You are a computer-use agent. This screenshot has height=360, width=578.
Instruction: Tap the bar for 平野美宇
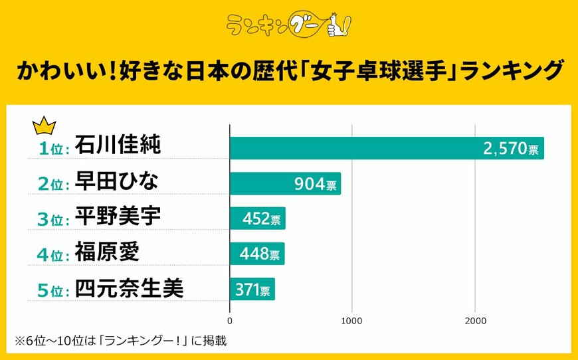(x=257, y=219)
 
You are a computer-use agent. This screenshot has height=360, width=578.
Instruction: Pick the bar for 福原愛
(x=256, y=254)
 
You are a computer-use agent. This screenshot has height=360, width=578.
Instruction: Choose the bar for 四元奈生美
(x=252, y=289)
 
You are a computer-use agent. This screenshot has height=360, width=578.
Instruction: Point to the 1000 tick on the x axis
(x=351, y=321)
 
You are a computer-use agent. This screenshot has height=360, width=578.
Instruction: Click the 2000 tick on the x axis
(x=474, y=321)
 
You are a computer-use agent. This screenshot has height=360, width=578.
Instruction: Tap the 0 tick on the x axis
(x=230, y=321)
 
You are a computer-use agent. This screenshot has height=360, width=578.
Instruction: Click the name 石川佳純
(x=118, y=145)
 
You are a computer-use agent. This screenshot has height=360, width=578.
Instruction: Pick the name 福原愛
(x=107, y=252)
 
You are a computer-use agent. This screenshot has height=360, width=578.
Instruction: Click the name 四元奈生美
(x=129, y=288)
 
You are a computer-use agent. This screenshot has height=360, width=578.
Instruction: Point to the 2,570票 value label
(x=511, y=149)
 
